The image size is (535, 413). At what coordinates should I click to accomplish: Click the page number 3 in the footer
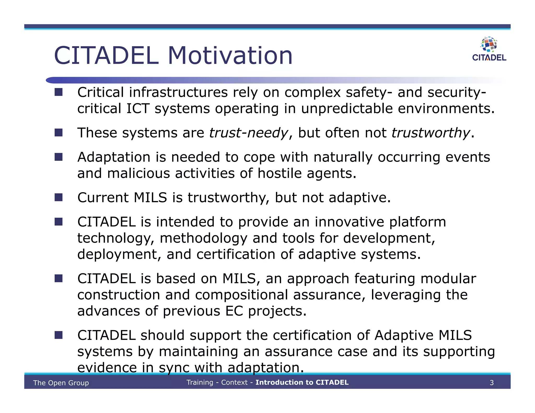click(x=492, y=383)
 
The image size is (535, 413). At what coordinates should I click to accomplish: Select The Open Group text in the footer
click(x=61, y=383)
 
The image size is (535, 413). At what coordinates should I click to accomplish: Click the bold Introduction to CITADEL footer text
click(x=302, y=382)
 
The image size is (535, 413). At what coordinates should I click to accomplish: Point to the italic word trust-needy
click(x=248, y=133)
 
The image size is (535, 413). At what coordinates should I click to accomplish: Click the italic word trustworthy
click(x=431, y=133)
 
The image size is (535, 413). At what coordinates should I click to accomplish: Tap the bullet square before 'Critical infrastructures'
click(x=59, y=92)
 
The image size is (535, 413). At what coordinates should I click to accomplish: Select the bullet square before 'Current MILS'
click(x=59, y=197)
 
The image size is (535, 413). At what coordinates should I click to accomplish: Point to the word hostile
click(x=280, y=173)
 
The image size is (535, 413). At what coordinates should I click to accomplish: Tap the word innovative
click(x=349, y=222)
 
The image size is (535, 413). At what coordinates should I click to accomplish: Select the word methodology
click(x=203, y=238)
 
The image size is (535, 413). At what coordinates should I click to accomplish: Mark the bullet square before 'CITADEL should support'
click(x=59, y=335)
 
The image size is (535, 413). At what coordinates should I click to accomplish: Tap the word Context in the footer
click(x=234, y=382)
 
